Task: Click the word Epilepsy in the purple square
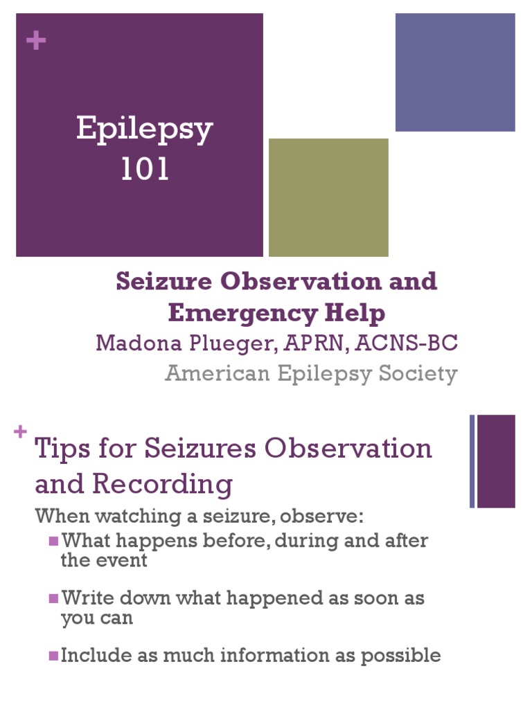pos(144,130)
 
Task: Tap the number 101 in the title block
pos(144,170)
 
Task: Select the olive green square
pos(328,197)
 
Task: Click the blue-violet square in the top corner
pos(455,72)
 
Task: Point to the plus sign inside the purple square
pos(35,41)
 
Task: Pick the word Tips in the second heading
pos(61,449)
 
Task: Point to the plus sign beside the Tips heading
pos(20,432)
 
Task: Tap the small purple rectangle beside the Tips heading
pos(496,461)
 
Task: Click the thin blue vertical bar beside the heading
pos(472,461)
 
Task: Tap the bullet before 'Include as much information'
pos(53,655)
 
